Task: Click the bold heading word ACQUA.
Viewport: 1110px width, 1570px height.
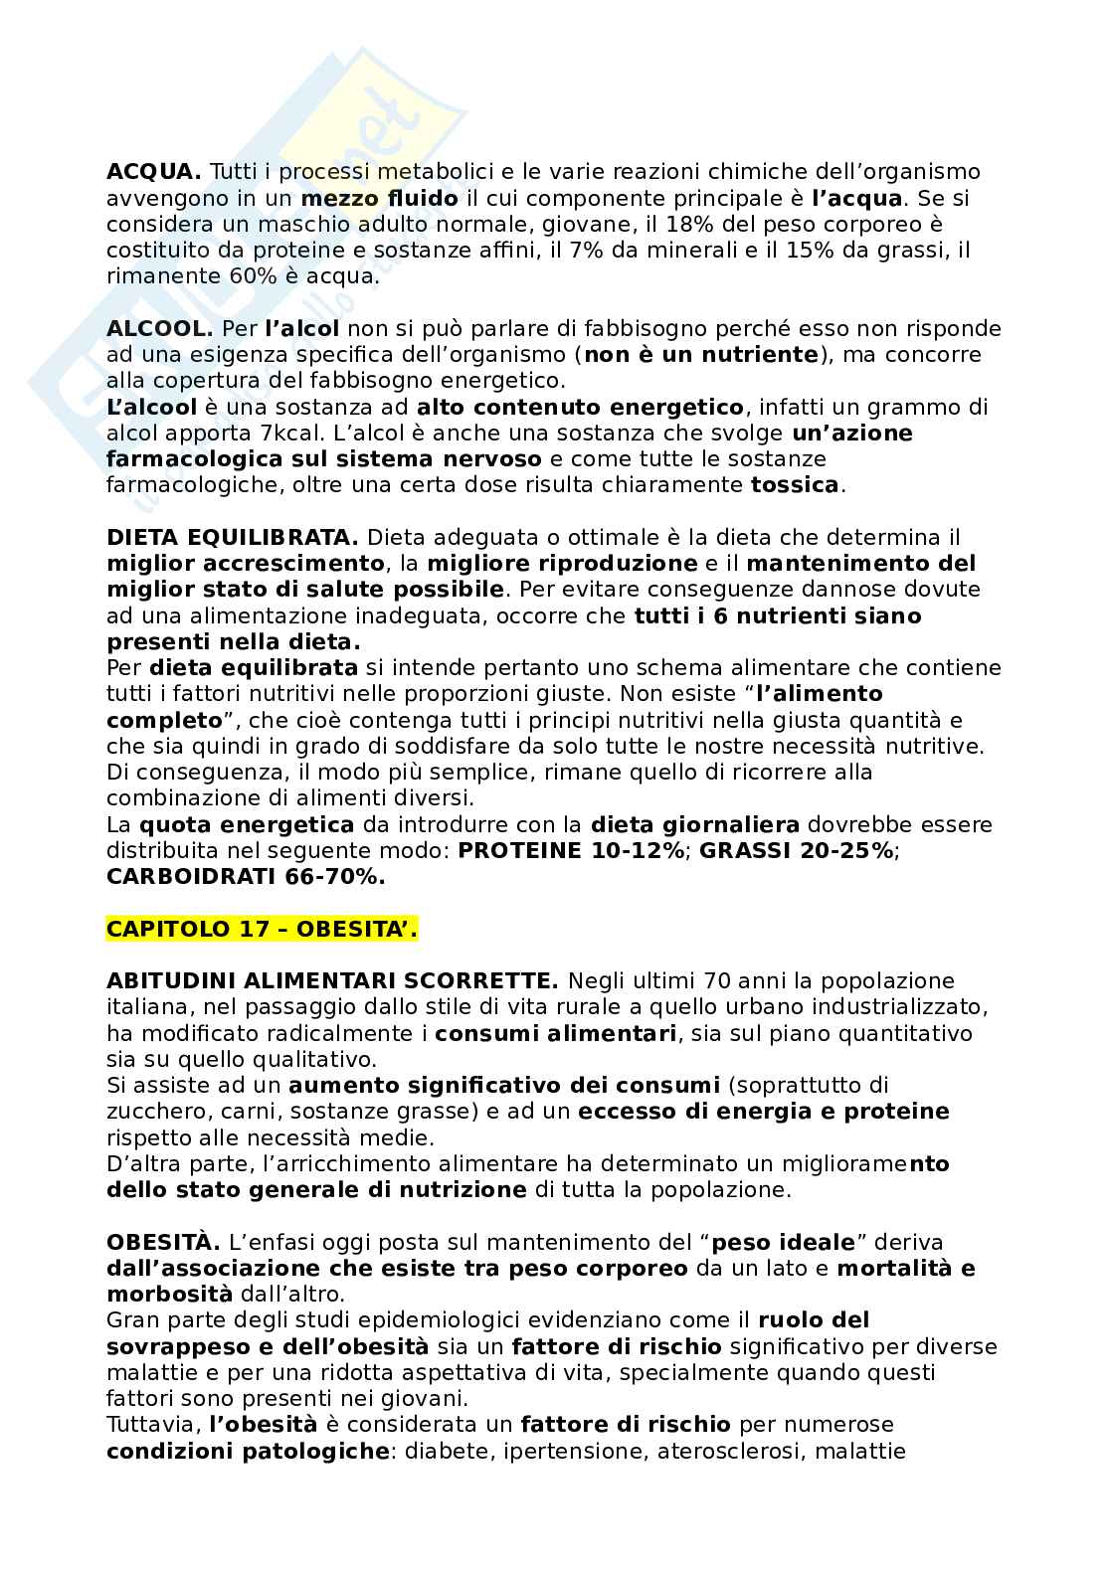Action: click(x=154, y=173)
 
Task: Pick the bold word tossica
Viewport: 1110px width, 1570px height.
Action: click(x=795, y=486)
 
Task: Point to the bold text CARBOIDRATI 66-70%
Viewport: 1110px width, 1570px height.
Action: click(x=246, y=877)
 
